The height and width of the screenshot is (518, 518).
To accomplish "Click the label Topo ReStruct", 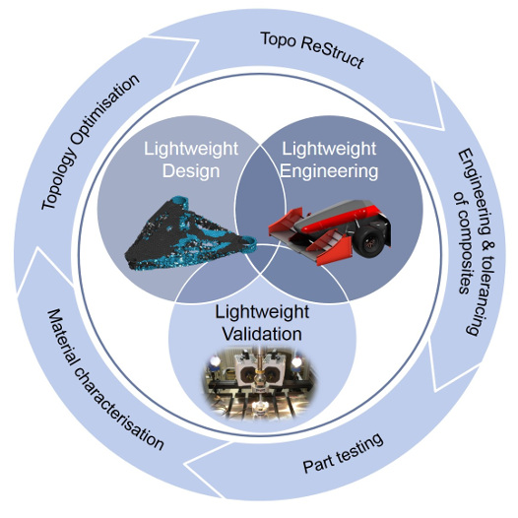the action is (x=312, y=49).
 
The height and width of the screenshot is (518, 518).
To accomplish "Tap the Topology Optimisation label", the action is (x=90, y=142).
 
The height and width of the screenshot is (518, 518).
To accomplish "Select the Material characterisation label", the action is (x=105, y=380).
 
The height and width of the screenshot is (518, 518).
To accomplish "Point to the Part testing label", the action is (x=343, y=453).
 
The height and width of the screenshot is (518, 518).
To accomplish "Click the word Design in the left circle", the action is (x=191, y=171).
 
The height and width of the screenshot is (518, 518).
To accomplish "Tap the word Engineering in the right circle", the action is (x=329, y=171).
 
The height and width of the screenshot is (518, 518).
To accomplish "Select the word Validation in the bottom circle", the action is (x=262, y=334).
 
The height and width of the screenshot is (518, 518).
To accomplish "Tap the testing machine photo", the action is (x=259, y=384).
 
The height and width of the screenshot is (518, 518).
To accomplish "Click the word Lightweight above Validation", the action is (x=262, y=312).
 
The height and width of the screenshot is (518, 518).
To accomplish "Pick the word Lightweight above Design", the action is (x=191, y=150).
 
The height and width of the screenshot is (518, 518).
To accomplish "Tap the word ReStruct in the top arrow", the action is (x=333, y=54).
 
